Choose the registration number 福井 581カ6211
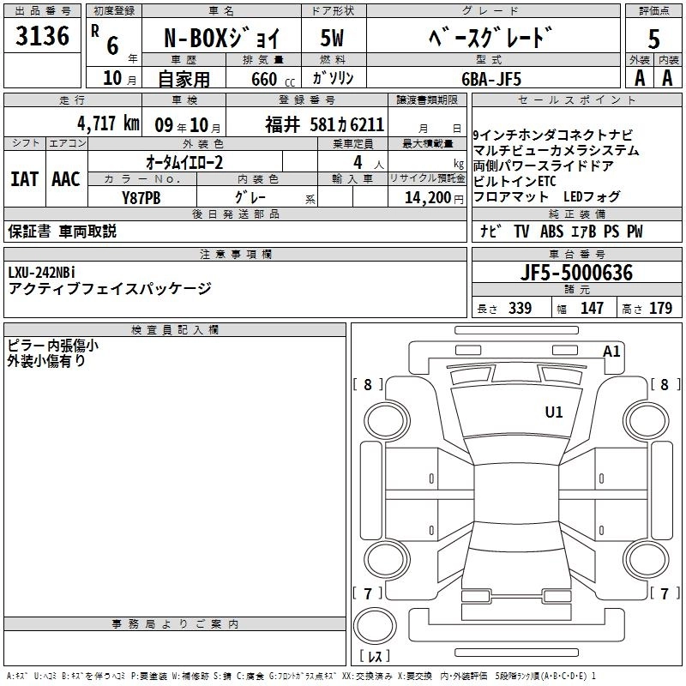324,123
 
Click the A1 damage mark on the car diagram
611,351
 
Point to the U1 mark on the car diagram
554,412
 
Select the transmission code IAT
23,179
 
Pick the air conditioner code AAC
65,179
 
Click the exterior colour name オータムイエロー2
184,161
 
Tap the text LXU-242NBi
43,273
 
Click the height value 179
660,309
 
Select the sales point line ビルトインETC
514,182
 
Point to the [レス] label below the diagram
375,657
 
